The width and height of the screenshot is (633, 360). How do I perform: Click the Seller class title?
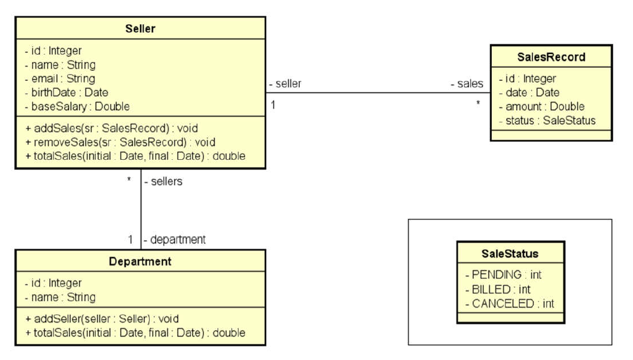(140, 29)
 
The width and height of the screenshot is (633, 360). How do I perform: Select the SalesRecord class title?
(551, 57)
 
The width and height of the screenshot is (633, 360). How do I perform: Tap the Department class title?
(140, 262)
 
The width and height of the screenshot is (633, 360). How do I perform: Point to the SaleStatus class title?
(510, 254)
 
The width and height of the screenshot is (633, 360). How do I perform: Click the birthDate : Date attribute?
(66, 93)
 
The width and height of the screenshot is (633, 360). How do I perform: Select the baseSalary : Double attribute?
(77, 106)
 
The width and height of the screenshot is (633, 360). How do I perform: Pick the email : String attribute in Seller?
(60, 78)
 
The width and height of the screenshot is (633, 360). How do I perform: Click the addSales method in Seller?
(111, 129)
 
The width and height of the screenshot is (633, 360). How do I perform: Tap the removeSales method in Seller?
(120, 142)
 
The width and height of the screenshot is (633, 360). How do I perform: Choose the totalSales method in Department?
(135, 333)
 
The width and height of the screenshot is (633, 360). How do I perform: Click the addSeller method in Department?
(102, 319)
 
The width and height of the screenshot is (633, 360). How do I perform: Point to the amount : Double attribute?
(541, 106)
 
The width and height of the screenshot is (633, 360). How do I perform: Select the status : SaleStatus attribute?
(547, 121)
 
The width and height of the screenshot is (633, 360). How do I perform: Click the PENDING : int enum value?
(503, 274)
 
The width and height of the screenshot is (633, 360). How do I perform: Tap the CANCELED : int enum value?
(509, 303)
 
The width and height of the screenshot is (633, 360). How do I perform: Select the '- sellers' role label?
(163, 182)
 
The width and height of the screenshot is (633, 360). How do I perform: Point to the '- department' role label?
(175, 239)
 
